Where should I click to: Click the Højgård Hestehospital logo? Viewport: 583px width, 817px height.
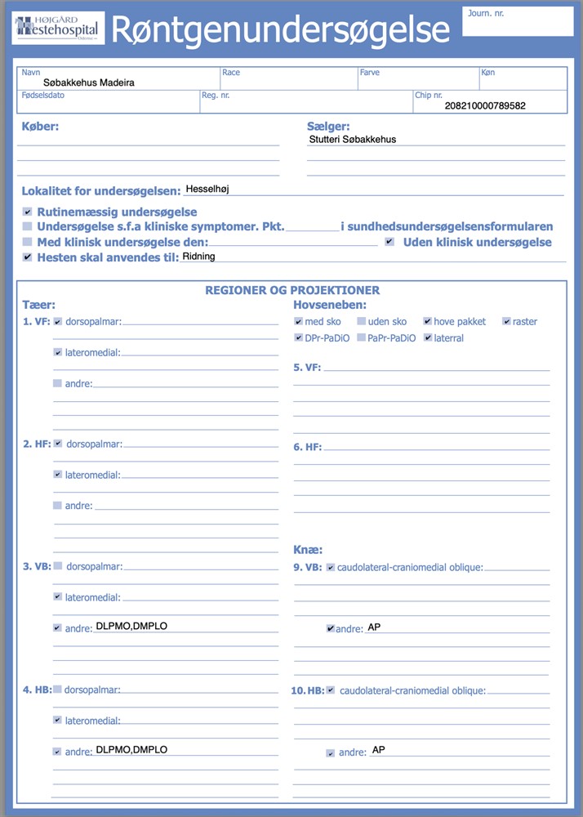click(x=57, y=28)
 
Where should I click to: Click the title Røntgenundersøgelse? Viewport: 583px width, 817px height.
click(x=280, y=29)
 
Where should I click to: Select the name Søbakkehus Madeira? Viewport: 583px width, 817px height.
click(x=89, y=83)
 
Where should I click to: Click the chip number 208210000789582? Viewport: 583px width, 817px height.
click(x=485, y=105)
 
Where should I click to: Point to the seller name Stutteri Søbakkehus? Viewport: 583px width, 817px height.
click(x=353, y=140)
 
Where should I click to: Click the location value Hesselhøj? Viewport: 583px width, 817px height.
click(x=208, y=189)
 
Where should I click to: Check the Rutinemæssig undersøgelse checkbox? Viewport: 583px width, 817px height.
click(x=28, y=212)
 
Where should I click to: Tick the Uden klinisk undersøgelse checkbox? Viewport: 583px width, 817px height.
click(x=389, y=242)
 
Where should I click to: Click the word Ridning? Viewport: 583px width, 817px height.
click(x=198, y=257)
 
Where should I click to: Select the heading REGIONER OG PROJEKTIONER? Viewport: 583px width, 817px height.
click(x=292, y=290)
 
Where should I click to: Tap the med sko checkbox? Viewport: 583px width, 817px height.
click(x=298, y=321)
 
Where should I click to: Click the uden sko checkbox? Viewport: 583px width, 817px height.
click(x=362, y=321)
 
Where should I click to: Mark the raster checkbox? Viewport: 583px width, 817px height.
click(x=506, y=321)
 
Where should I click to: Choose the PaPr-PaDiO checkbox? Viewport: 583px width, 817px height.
click(x=362, y=337)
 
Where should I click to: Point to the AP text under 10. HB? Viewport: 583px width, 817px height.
click(x=378, y=749)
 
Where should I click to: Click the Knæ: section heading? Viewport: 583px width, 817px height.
click(x=308, y=550)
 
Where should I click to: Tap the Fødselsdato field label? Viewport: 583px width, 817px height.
click(x=42, y=96)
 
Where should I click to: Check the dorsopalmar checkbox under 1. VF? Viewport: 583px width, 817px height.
click(x=58, y=321)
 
